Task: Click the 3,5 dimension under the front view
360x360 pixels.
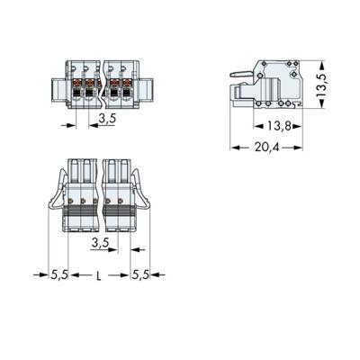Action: click(106, 118)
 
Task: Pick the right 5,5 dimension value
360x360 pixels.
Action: click(140, 275)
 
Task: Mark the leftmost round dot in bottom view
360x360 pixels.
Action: click(72, 202)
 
